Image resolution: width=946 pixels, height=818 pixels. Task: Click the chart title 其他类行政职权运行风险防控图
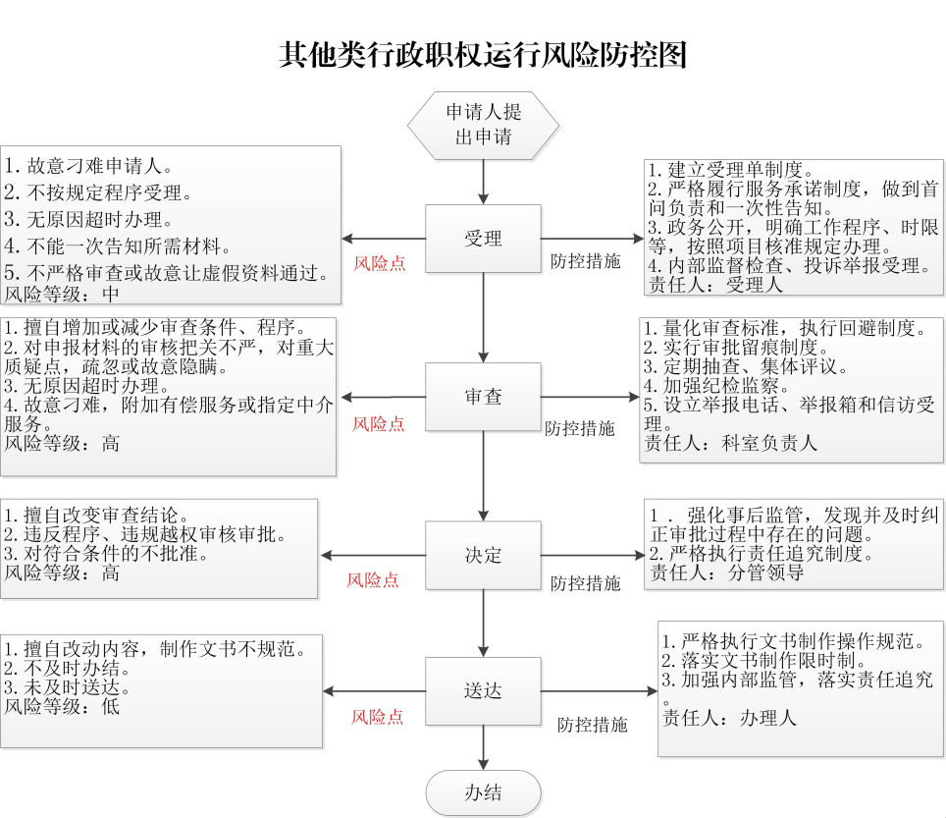(x=483, y=55)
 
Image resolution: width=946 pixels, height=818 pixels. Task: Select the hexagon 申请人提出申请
(x=483, y=126)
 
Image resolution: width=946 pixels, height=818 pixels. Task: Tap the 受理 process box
(x=483, y=239)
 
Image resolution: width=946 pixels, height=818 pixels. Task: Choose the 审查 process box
(x=483, y=397)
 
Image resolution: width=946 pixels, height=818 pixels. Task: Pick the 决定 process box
(x=483, y=556)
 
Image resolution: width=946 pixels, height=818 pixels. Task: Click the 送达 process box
(x=483, y=691)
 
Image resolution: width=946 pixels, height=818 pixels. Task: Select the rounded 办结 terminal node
(x=483, y=792)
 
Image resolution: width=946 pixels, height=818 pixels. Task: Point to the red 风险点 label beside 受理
(x=380, y=263)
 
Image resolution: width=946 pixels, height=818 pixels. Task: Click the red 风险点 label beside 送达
(x=378, y=717)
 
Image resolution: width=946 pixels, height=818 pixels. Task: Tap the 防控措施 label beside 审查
(x=580, y=428)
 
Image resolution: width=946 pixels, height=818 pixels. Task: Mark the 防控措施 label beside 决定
(x=585, y=583)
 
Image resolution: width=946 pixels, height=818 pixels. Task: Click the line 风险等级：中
(x=62, y=294)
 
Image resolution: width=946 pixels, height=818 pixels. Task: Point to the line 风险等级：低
(x=62, y=706)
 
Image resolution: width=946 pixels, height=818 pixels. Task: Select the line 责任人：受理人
(x=715, y=285)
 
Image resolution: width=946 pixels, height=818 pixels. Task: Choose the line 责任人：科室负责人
(x=731, y=443)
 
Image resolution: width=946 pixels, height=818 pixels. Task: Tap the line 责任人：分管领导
(x=726, y=573)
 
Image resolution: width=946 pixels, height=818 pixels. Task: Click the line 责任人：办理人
(x=729, y=718)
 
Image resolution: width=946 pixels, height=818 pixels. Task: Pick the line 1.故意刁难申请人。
(x=88, y=166)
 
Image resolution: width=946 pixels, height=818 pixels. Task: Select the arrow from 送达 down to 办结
(x=483, y=748)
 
